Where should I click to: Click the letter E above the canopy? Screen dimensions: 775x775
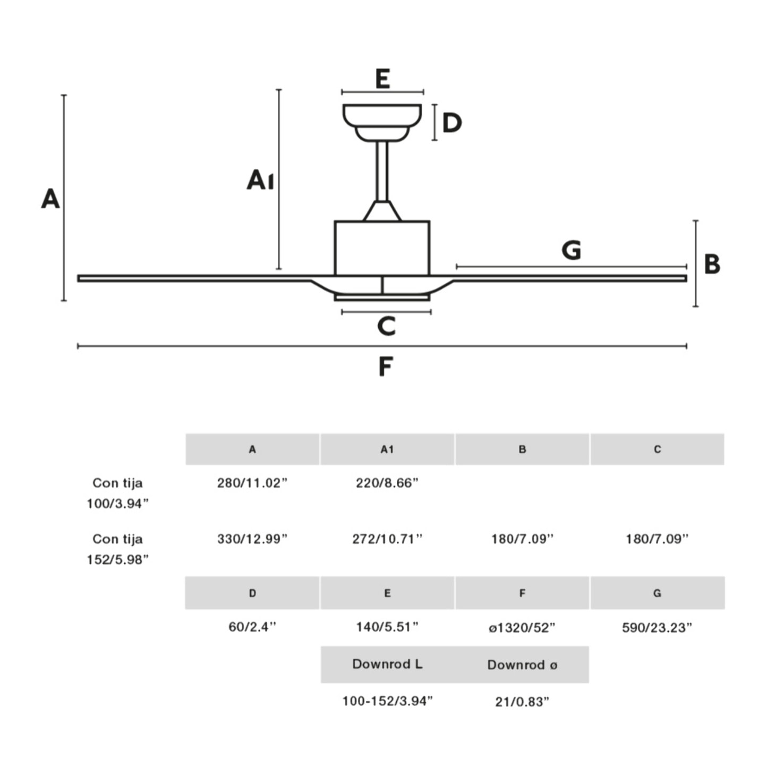[382, 79]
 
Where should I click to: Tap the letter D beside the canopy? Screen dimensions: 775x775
[452, 123]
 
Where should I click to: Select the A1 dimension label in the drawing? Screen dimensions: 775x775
[260, 180]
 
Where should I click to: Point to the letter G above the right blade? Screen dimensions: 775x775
[572, 250]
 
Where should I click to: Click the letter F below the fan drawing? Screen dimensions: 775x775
[386, 367]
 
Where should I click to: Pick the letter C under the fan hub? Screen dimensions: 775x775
[386, 326]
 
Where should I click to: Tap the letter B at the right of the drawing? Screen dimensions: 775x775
[712, 264]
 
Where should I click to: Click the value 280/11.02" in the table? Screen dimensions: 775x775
[252, 483]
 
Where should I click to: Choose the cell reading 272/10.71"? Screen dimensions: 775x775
[387, 539]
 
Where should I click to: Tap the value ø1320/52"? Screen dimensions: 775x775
[522, 627]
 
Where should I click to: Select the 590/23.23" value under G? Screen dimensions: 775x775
[657, 627]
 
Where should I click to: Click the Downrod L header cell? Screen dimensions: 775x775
[387, 664]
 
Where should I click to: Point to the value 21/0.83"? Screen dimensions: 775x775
[522, 702]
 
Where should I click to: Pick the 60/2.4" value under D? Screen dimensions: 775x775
[252, 627]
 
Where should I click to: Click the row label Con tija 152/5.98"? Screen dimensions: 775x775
[117, 549]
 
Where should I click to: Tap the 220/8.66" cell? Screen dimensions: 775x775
[387, 483]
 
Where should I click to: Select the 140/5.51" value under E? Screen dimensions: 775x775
[387, 627]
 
